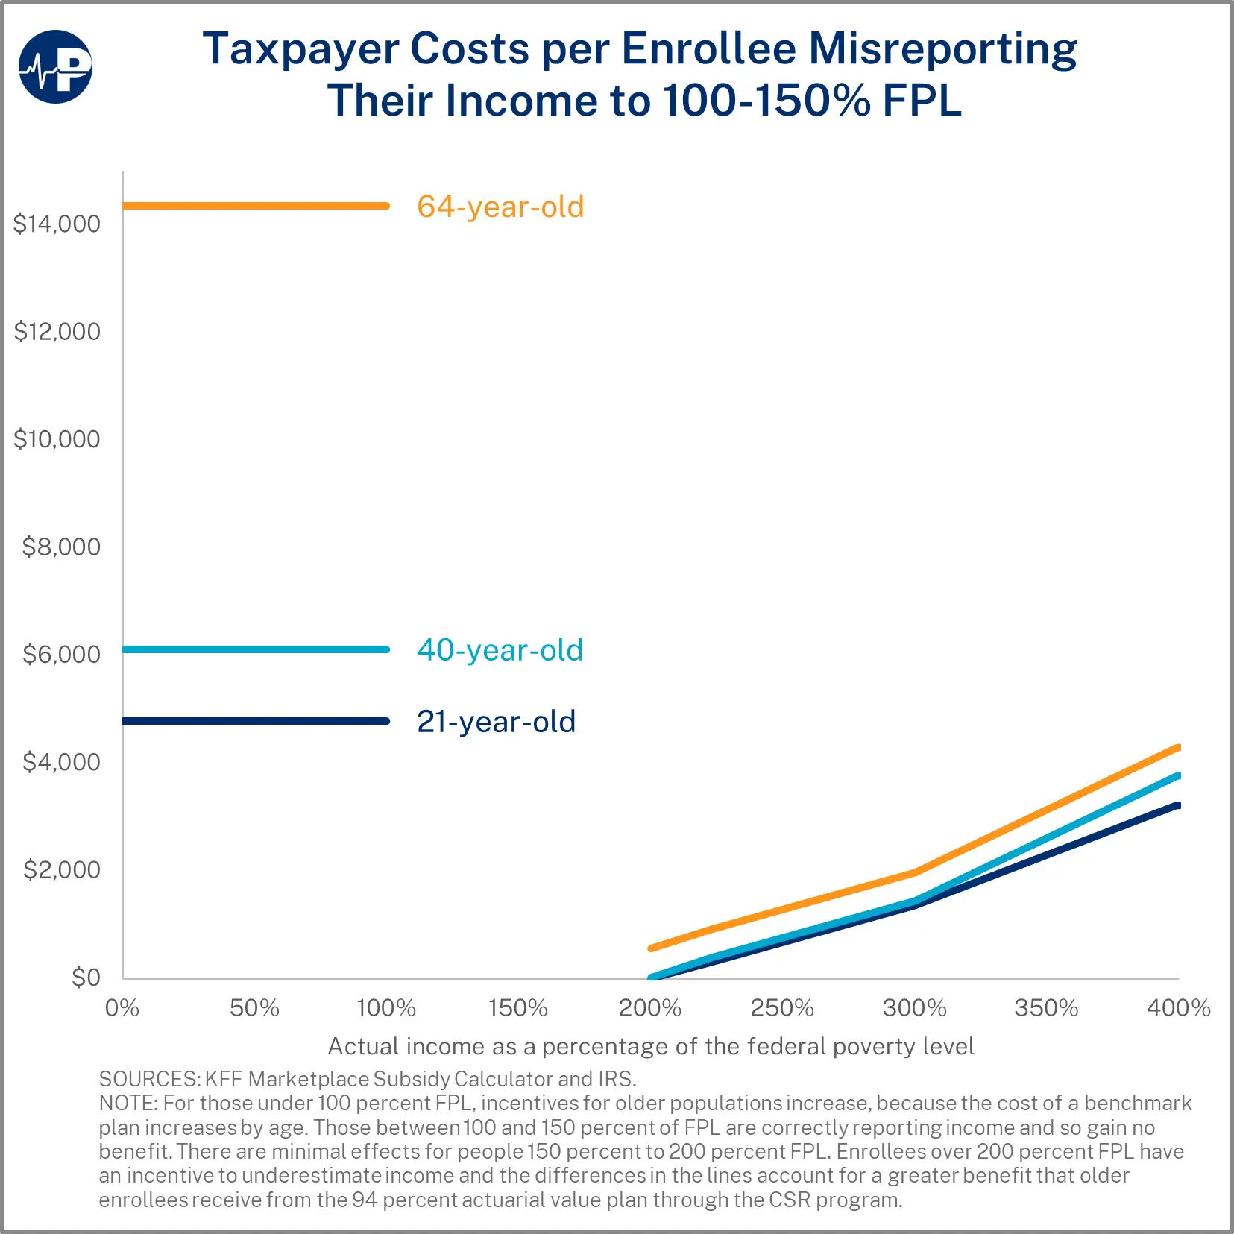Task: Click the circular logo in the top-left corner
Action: pos(55,66)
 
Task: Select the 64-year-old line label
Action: pos(500,207)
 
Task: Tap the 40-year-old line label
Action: pos(500,650)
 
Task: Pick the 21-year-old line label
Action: pos(497,722)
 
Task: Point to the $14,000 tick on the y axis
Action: pos(57,224)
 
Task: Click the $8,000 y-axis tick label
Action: pos(61,547)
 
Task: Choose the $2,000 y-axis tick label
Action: pos(61,869)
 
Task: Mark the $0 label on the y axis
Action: pos(86,977)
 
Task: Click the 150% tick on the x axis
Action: pos(518,1008)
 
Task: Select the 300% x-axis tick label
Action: pos(914,1008)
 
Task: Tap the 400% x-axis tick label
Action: pos(1178,1008)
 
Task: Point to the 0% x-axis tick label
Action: pos(122,1008)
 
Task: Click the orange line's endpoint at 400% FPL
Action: pos(1177,748)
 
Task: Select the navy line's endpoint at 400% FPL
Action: pos(1177,805)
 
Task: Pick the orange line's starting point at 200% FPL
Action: pos(652,948)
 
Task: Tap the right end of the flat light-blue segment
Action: pos(386,649)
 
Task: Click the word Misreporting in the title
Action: pos(942,49)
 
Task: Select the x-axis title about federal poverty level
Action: pos(651,1046)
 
